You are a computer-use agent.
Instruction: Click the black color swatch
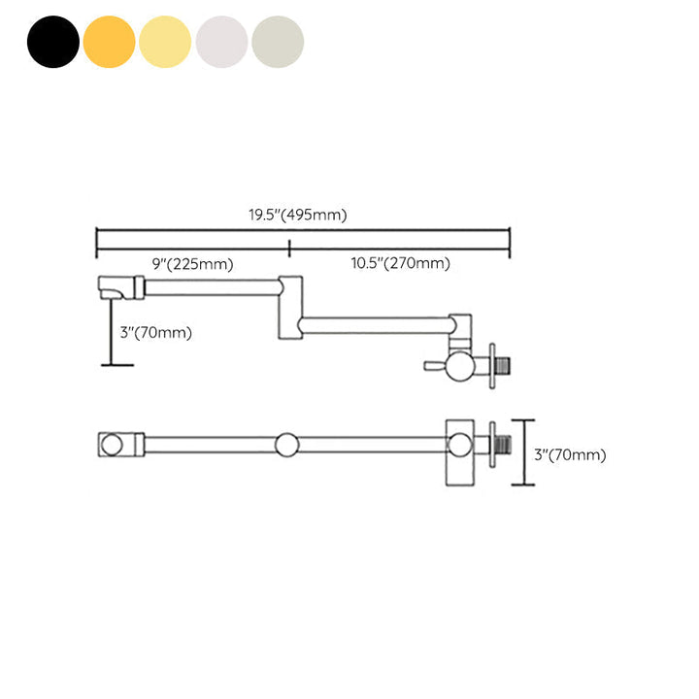coord(53,42)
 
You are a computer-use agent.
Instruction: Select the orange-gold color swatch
coord(109,42)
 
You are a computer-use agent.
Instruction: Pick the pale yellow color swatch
coord(165,42)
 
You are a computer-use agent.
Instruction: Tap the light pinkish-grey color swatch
coord(221,42)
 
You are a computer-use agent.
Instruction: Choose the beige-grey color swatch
coord(278,42)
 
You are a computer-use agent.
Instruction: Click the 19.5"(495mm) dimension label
coord(298,215)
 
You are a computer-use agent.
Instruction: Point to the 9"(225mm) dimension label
coord(192,264)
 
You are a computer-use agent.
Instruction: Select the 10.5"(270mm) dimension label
coord(400,263)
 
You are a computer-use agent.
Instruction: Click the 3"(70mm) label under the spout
coord(155,333)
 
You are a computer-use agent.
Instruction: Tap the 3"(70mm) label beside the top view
coord(570,454)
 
